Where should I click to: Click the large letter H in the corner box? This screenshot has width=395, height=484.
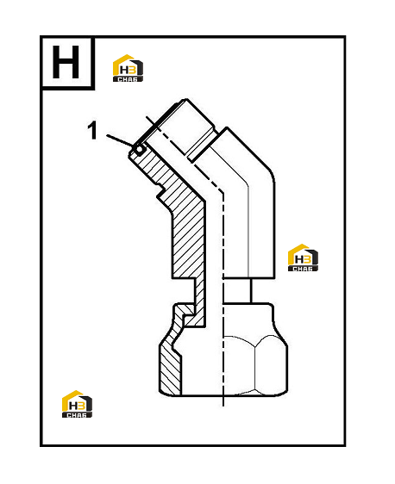(x=66, y=62)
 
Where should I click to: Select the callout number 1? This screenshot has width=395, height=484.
(x=92, y=130)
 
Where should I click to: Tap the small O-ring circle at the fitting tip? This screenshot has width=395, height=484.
(x=140, y=149)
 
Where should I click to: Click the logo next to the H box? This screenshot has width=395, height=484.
(x=128, y=68)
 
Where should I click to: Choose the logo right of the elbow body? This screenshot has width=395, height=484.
(x=303, y=258)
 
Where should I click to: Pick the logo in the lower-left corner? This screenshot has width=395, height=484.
(x=77, y=404)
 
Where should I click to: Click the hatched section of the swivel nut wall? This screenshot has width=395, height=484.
(x=170, y=369)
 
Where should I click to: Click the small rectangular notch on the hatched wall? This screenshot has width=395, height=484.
(x=160, y=190)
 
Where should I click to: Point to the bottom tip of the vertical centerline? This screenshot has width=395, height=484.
(x=223, y=406)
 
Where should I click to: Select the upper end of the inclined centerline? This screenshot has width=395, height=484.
(x=147, y=116)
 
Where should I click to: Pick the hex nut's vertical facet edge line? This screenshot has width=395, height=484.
(x=254, y=369)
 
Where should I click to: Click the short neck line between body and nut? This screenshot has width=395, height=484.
(x=251, y=291)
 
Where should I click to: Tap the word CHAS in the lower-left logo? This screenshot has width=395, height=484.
(x=77, y=415)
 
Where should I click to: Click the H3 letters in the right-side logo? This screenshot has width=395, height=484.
(x=303, y=259)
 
